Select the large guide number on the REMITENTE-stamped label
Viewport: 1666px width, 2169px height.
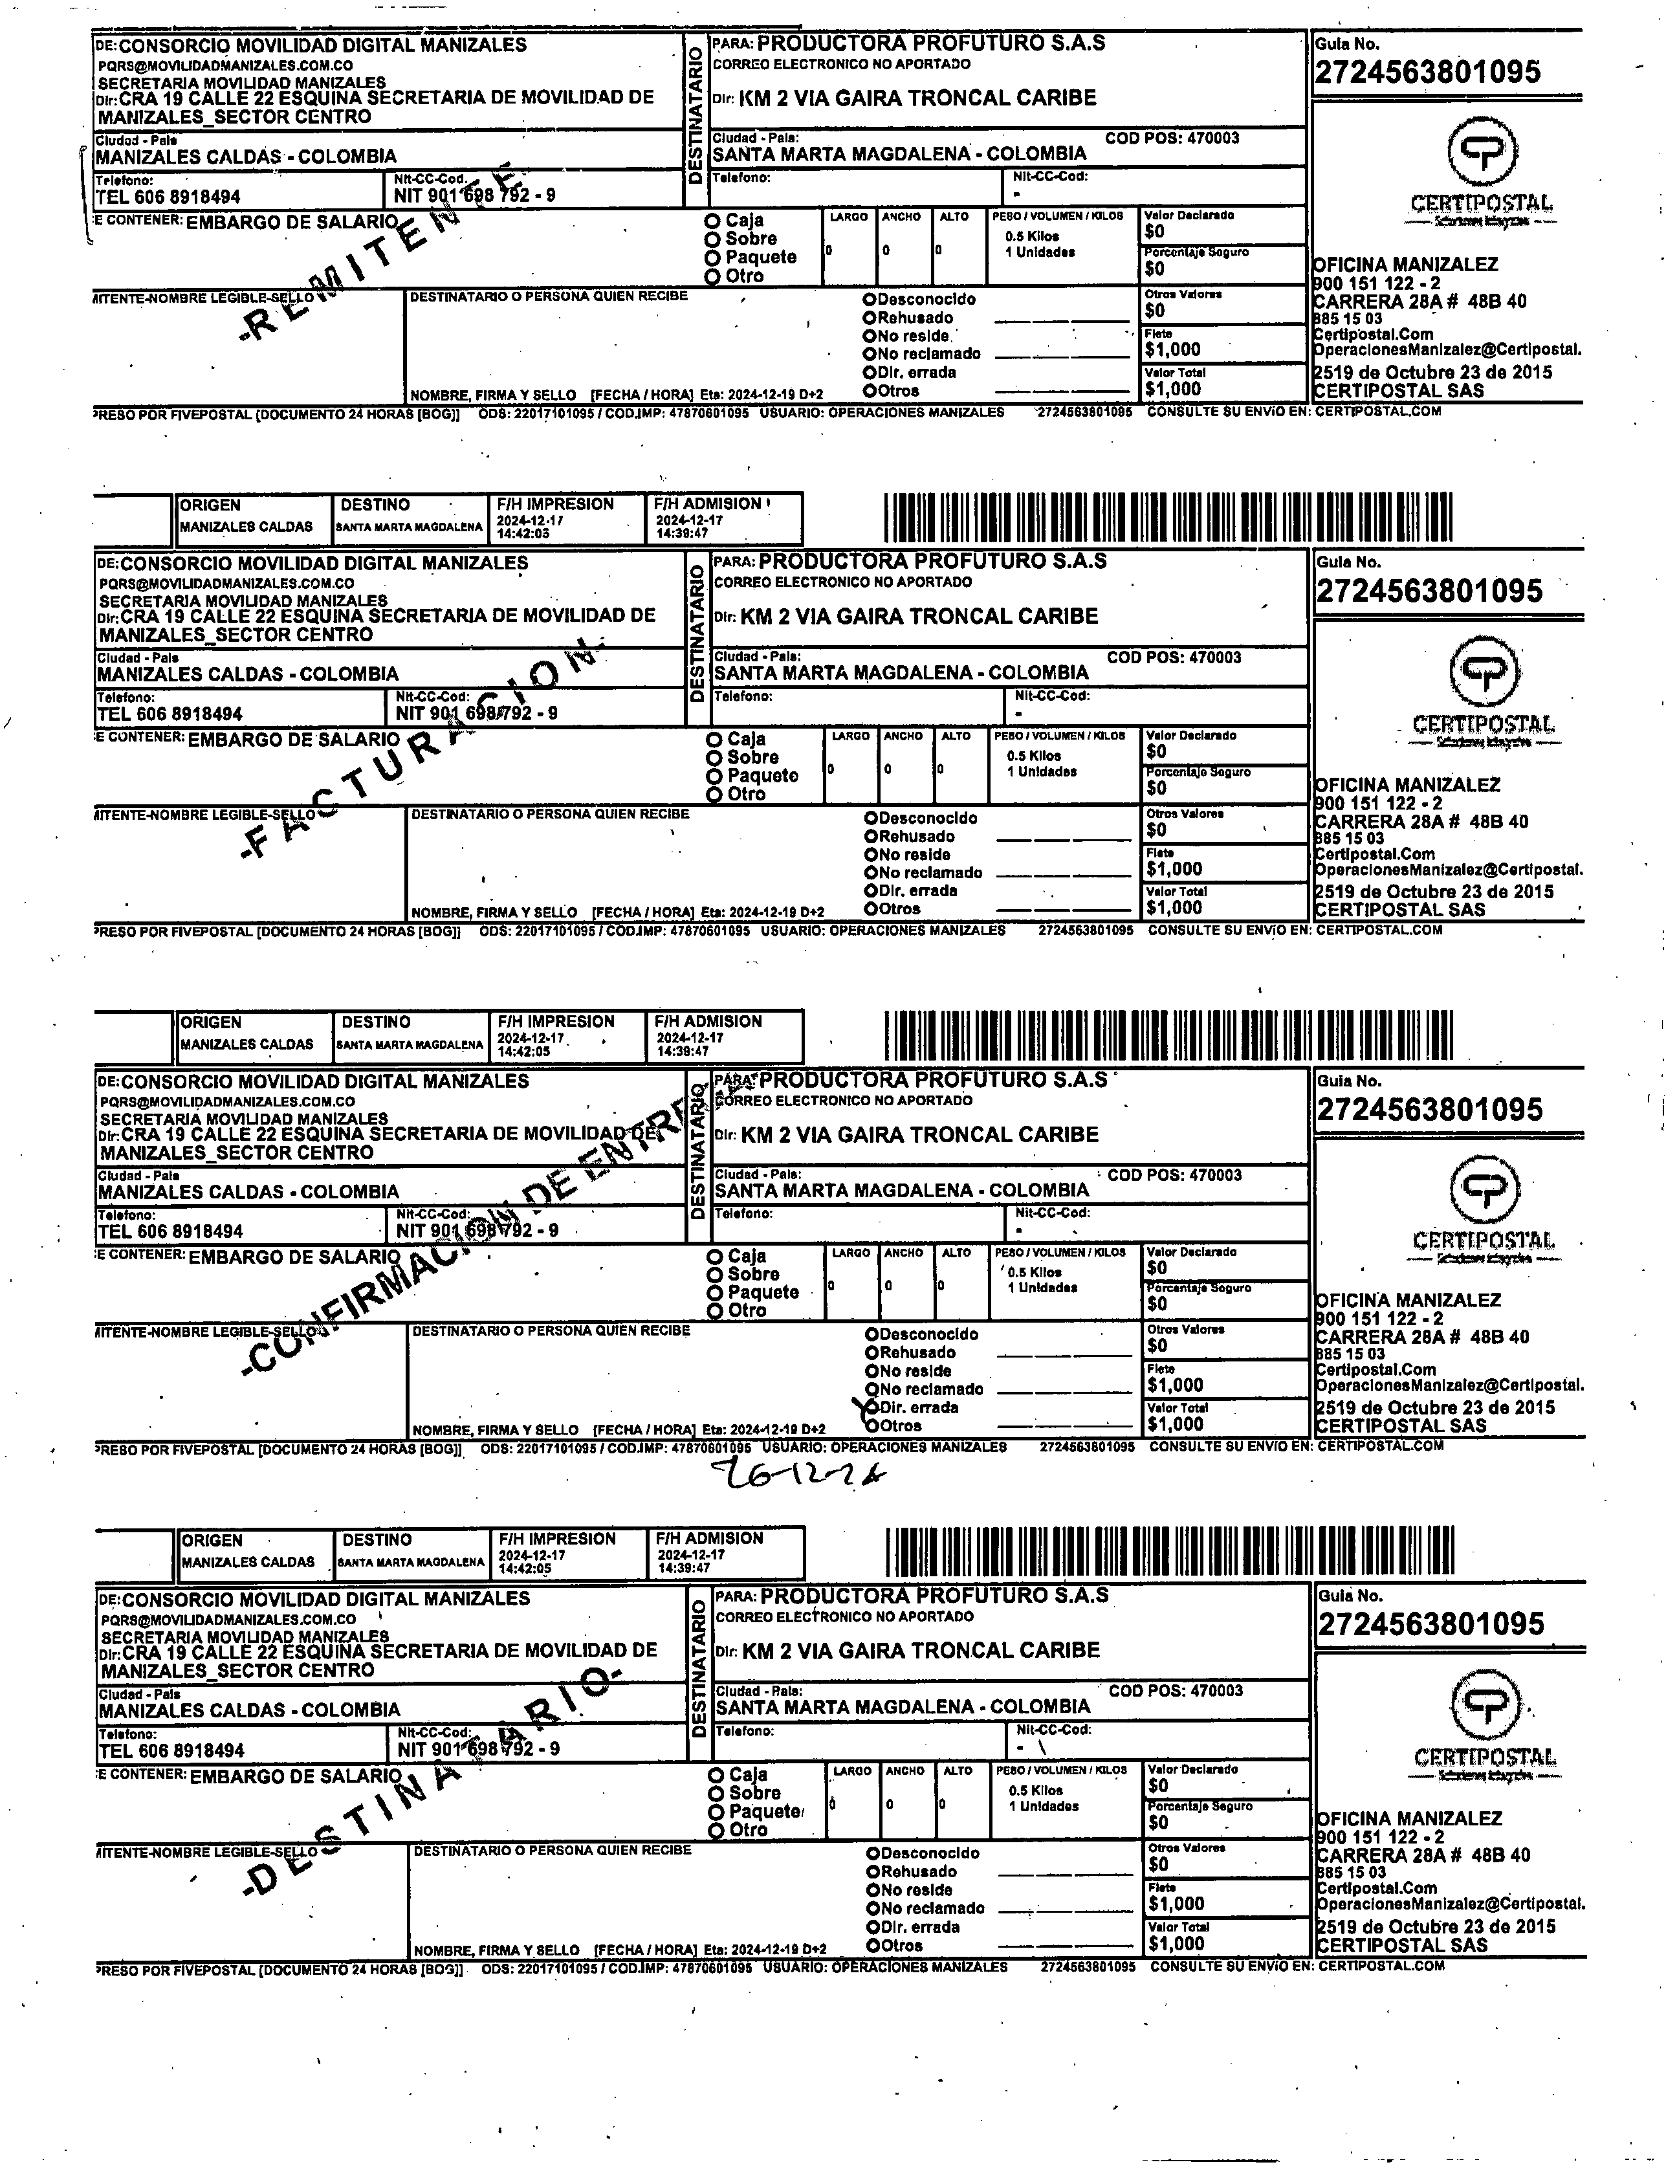pos(1428,71)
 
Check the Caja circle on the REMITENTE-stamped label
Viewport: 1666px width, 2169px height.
pos(712,220)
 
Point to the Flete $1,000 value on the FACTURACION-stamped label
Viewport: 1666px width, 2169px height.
pos(1174,870)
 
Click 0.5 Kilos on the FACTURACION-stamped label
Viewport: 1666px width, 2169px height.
pos(1033,756)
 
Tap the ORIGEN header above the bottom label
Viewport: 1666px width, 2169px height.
pos(212,1540)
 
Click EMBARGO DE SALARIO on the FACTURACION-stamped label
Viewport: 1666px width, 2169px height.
pos(294,739)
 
